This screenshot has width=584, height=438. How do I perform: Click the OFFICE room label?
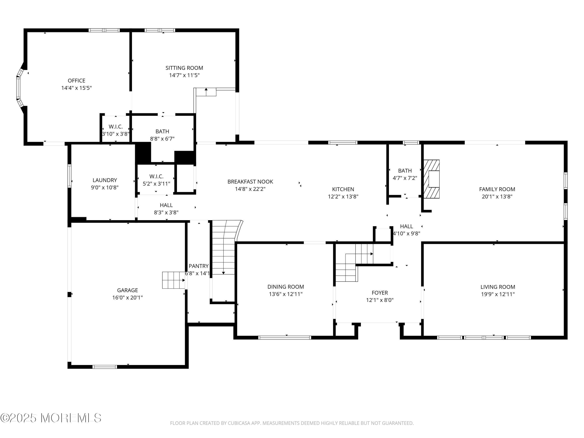[76, 81]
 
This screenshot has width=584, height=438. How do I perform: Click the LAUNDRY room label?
[105, 180]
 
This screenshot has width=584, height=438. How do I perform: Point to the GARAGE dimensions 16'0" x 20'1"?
[127, 297]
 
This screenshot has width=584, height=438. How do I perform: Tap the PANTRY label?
[198, 266]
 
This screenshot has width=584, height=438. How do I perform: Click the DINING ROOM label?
[285, 287]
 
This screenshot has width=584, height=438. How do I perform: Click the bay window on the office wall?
[18, 87]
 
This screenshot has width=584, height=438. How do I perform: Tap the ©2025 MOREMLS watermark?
[51, 418]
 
